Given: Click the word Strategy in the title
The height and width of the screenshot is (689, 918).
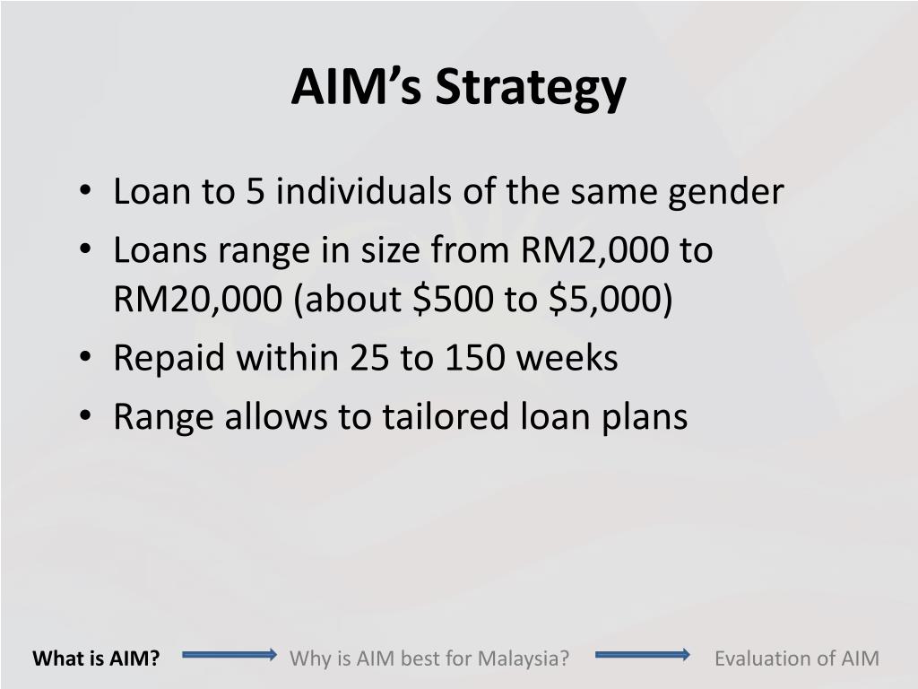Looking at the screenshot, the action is (x=531, y=89).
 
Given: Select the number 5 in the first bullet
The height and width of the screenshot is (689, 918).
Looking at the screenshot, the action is (x=255, y=191).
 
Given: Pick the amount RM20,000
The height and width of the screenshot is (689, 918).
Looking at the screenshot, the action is (x=197, y=300).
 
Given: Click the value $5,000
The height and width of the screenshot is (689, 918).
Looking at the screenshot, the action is (x=605, y=300).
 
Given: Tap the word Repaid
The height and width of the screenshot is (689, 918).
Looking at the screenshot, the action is (x=169, y=359).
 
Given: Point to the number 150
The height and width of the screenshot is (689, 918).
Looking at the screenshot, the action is (x=475, y=357).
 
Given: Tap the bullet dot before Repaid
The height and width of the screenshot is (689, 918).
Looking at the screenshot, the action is (x=85, y=357).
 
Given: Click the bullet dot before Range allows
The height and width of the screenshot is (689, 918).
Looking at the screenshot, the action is (x=85, y=416).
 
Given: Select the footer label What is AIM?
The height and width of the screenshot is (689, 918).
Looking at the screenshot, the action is (x=96, y=658).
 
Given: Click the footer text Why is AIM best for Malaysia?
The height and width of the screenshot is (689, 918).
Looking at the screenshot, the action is (x=429, y=658).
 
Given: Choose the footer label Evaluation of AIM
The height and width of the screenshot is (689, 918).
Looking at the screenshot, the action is (x=797, y=658).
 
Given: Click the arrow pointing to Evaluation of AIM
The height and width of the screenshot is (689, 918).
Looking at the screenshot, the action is (x=643, y=654).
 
